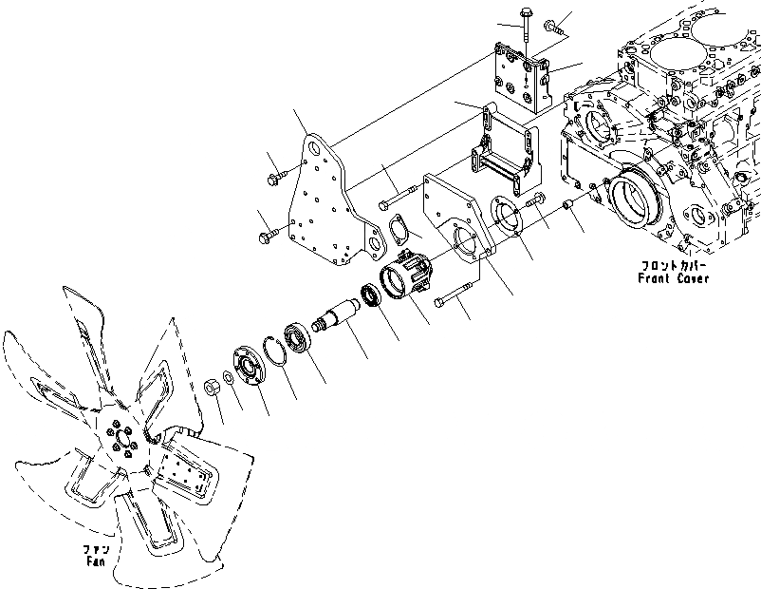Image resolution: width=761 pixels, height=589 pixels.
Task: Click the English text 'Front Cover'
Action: point(674,279)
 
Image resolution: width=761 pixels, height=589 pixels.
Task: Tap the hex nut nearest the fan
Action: point(214,385)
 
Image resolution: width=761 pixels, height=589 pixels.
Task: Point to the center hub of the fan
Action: point(123,442)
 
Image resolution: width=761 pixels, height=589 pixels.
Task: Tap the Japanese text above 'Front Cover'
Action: point(674,266)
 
